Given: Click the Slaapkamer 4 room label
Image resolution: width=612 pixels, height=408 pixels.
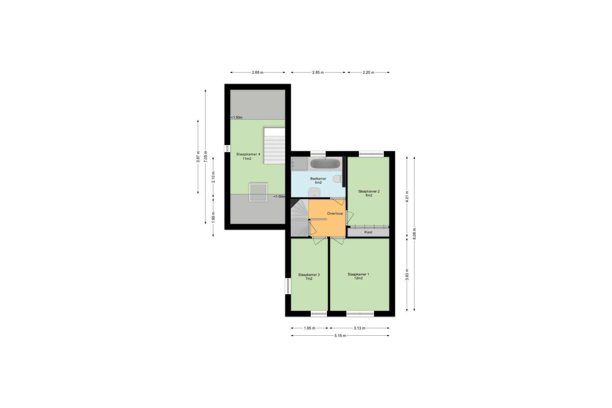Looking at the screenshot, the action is click(x=248, y=154).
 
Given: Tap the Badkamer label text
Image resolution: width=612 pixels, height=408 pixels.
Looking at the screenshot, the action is click(x=318, y=179).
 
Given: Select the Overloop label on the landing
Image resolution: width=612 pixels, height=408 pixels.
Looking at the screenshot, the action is click(x=335, y=213).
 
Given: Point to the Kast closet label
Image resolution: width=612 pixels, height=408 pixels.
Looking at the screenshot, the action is click(x=368, y=232).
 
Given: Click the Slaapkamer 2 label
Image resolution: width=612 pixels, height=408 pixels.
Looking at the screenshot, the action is click(x=369, y=191).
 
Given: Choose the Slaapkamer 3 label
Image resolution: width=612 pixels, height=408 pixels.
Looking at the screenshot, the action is click(x=309, y=275).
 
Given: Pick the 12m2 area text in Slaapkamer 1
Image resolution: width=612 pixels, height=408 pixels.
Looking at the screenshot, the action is click(x=358, y=278).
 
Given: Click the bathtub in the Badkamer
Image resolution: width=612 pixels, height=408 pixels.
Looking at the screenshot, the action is click(x=325, y=164).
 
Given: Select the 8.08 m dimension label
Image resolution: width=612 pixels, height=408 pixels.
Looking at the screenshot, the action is click(x=414, y=234).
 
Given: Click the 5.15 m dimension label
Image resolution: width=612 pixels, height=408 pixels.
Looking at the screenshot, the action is click(x=340, y=336).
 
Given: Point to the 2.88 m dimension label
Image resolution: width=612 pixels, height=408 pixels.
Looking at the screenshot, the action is click(x=258, y=72).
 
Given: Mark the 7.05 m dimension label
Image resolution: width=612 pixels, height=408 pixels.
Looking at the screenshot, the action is click(x=205, y=156).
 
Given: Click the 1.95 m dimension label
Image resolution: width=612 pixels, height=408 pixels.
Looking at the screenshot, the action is click(x=310, y=328).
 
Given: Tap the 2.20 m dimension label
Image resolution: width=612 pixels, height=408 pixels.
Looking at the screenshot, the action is click(x=368, y=72).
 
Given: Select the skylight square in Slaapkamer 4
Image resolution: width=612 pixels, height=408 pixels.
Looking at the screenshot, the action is click(x=258, y=192).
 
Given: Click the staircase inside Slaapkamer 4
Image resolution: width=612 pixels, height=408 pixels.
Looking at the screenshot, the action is click(x=274, y=145).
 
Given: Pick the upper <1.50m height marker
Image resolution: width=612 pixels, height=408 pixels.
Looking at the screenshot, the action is click(x=237, y=117).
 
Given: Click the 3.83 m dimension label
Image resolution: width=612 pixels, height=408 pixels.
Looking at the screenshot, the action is click(x=407, y=275).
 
